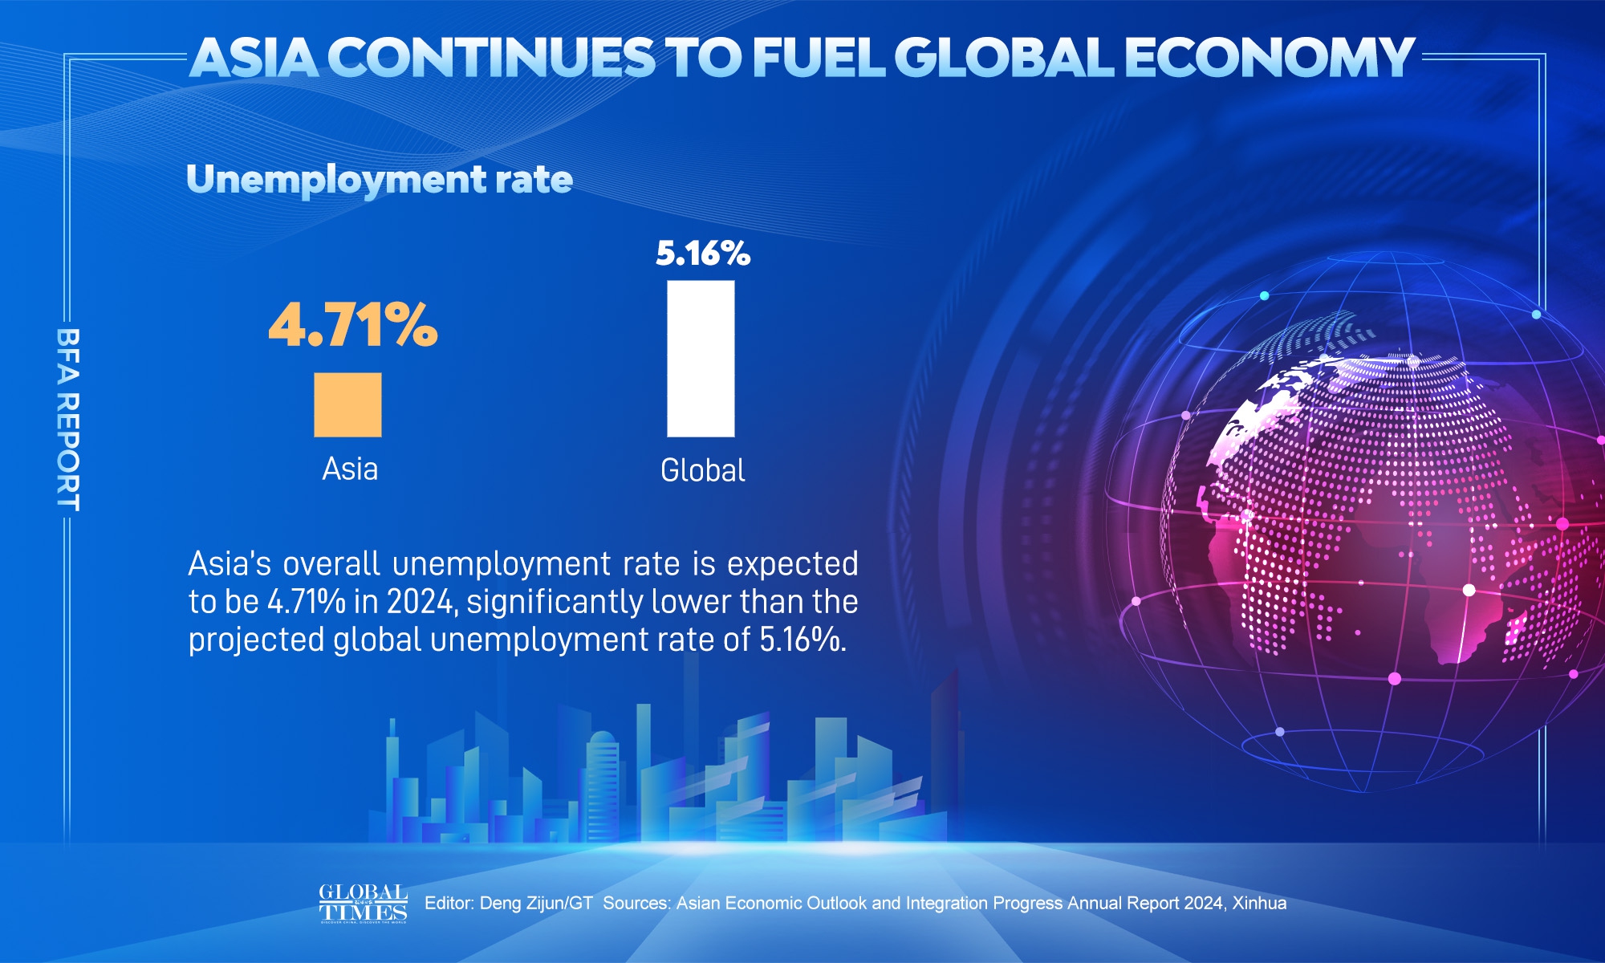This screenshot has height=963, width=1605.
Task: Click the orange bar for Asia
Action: (347, 404)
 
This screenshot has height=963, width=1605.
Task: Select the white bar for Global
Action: (701, 359)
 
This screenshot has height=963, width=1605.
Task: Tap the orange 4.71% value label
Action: (353, 325)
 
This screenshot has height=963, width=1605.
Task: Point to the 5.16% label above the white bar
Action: (703, 254)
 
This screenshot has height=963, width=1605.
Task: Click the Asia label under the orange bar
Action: (350, 469)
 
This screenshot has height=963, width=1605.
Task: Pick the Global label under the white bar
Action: (702, 470)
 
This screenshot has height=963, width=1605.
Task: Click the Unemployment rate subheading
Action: (380, 179)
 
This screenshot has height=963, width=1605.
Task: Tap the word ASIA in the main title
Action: (254, 58)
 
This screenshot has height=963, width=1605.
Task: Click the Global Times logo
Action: (363, 904)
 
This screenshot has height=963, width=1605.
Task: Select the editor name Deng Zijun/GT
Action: (536, 904)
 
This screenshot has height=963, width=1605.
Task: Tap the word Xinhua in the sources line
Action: (1259, 904)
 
